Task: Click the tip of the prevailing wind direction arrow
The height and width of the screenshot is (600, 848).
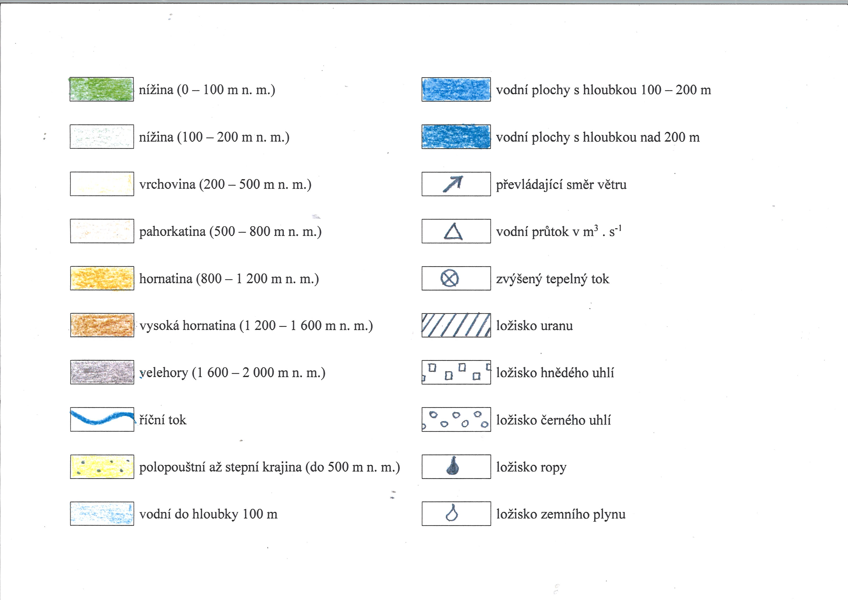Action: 462,177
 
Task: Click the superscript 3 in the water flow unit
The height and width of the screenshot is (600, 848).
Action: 596,228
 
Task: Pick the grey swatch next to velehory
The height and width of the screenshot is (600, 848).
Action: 102,372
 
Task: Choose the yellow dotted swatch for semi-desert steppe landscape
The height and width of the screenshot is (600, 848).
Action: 102,467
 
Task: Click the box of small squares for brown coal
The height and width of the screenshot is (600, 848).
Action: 456,372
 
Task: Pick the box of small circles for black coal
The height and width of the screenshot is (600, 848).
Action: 456,419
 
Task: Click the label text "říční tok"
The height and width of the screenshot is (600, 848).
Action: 163,420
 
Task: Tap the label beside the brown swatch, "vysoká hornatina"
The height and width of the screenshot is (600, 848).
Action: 188,325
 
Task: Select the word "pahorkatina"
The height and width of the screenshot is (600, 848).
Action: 172,232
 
